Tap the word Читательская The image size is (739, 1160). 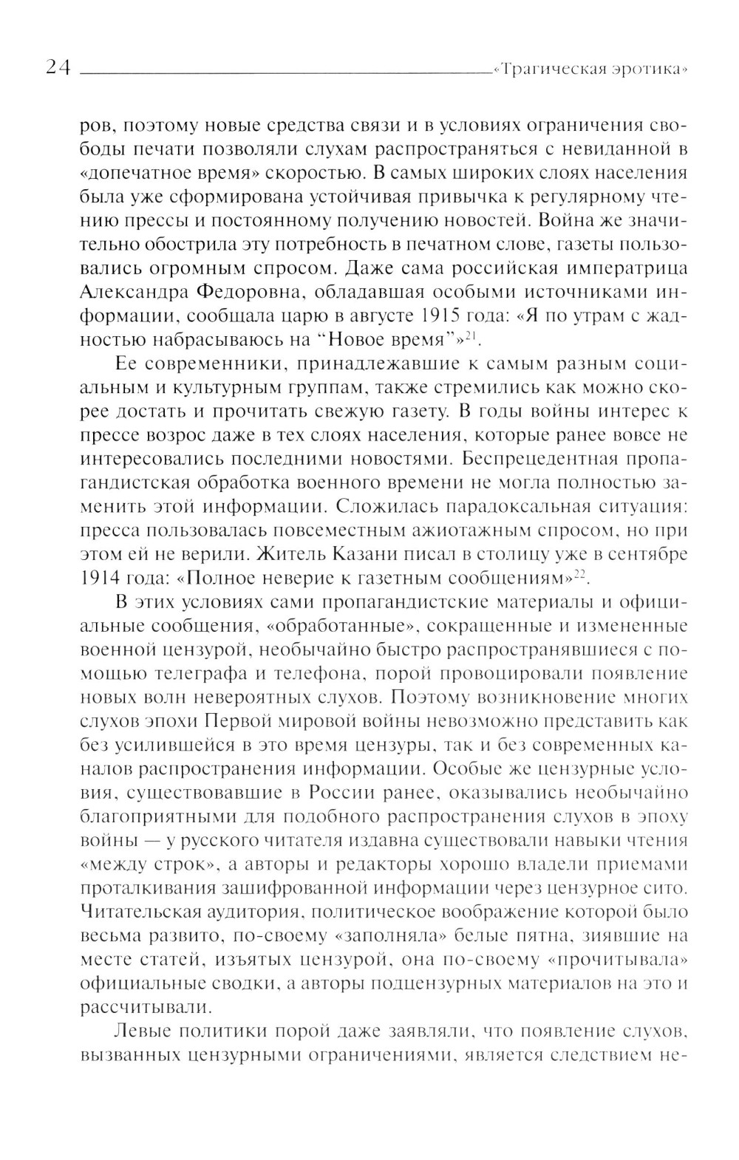151,912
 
